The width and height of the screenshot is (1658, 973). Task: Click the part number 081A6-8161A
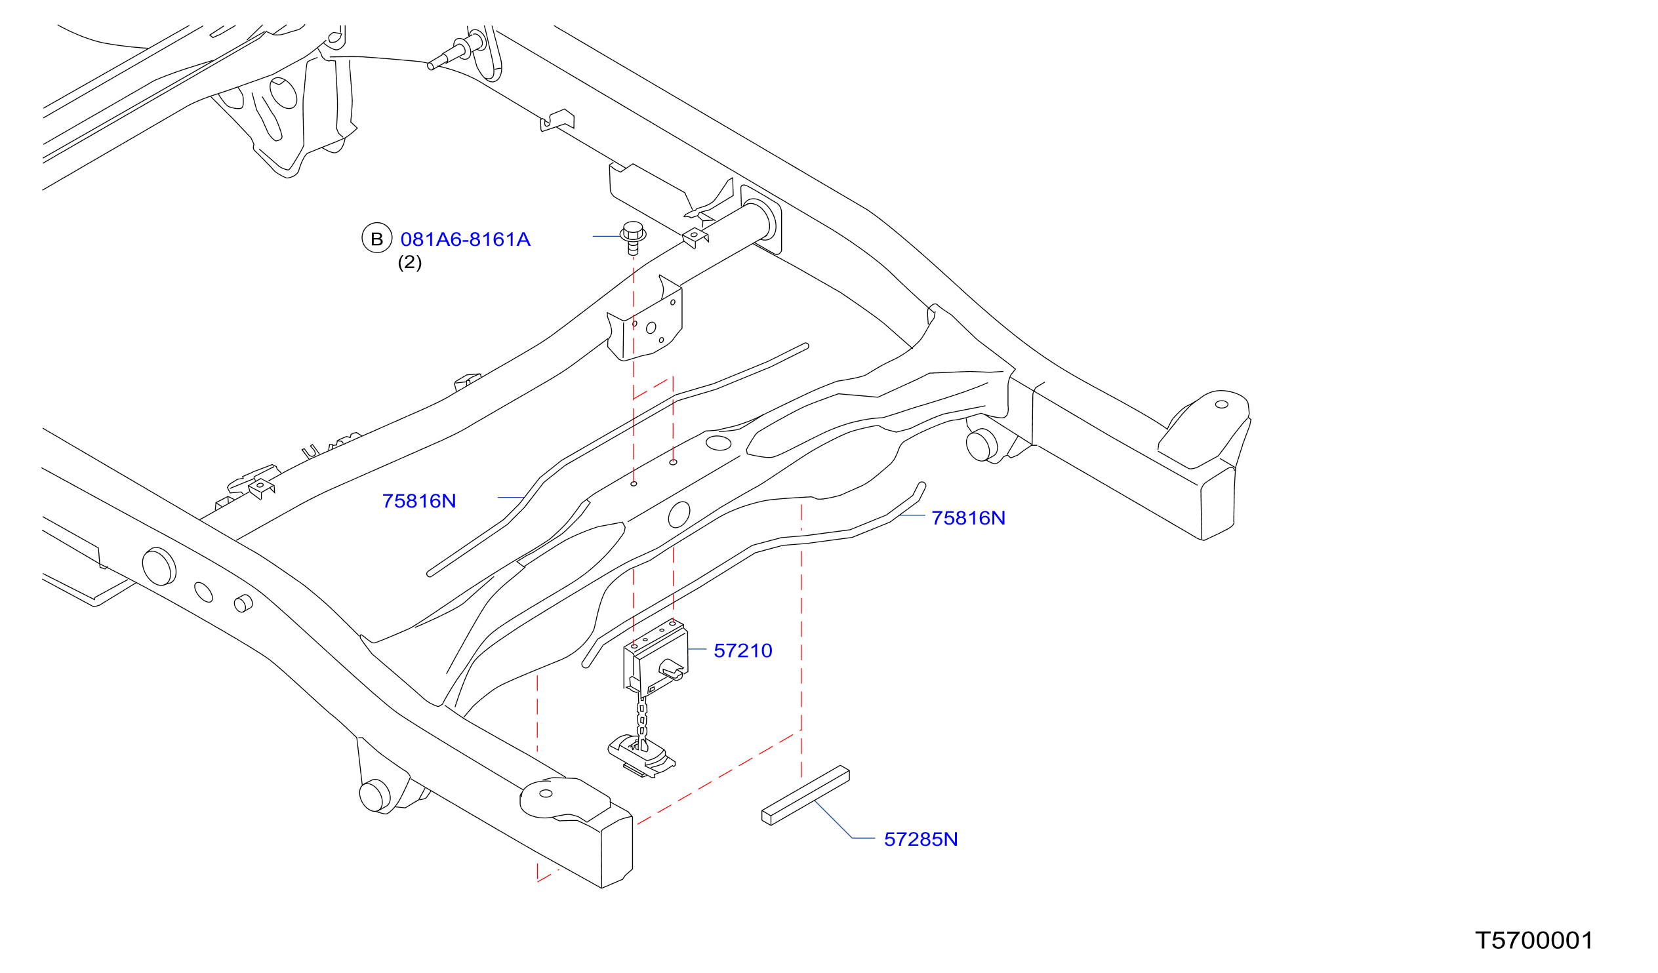click(x=465, y=239)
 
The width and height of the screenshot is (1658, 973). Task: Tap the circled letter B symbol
click(x=377, y=238)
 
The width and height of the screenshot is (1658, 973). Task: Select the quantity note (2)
click(x=409, y=262)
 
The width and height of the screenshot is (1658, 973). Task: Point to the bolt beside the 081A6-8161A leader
click(x=633, y=237)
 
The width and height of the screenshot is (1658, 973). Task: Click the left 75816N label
click(x=419, y=502)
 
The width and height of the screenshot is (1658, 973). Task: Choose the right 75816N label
click(x=969, y=519)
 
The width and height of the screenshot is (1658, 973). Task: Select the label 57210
click(x=743, y=650)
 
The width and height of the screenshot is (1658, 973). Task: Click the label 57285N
click(x=921, y=839)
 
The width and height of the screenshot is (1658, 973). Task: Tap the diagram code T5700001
click(x=1534, y=941)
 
